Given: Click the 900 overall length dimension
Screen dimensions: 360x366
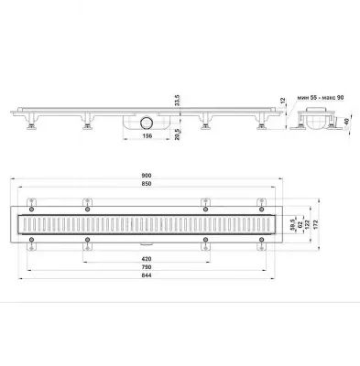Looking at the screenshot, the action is click(x=147, y=176).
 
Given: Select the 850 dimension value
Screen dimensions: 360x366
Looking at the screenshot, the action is click(x=147, y=184).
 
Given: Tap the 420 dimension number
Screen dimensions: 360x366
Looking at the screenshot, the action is click(x=147, y=259).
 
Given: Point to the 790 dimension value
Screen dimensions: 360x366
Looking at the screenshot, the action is click(x=147, y=267).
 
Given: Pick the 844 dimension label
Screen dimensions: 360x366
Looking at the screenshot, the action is click(x=147, y=275).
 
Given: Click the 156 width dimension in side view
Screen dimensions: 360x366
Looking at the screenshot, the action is click(x=147, y=136).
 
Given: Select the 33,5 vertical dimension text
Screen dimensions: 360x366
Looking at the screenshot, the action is click(x=178, y=101).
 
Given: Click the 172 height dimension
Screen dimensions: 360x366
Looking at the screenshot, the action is click(x=315, y=224).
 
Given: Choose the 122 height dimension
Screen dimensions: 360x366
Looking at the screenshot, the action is click(x=307, y=224).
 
